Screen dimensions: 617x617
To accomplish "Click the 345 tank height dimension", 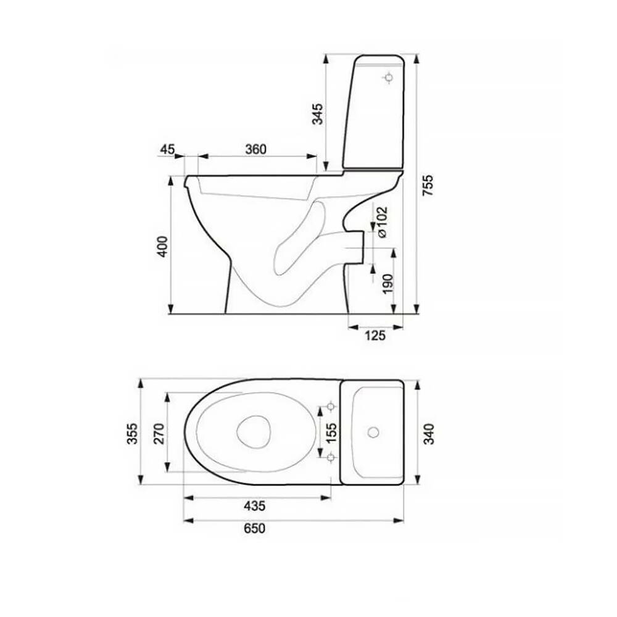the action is pos(317,114).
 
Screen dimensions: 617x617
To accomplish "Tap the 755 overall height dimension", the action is pos(428,185).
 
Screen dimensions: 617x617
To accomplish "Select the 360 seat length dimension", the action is pos(256,149).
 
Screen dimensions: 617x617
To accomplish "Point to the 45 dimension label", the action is pos(167,149).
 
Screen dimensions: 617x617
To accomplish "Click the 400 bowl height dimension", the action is pos(162,247).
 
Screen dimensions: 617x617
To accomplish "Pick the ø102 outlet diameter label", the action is pos(382,222).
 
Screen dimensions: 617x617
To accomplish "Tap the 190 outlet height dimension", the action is pos(388,284).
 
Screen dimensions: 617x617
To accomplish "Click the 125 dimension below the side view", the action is pos(375,336).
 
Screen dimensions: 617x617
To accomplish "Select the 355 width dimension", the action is pos(133,434).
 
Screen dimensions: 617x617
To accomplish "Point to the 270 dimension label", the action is pos(159,434).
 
